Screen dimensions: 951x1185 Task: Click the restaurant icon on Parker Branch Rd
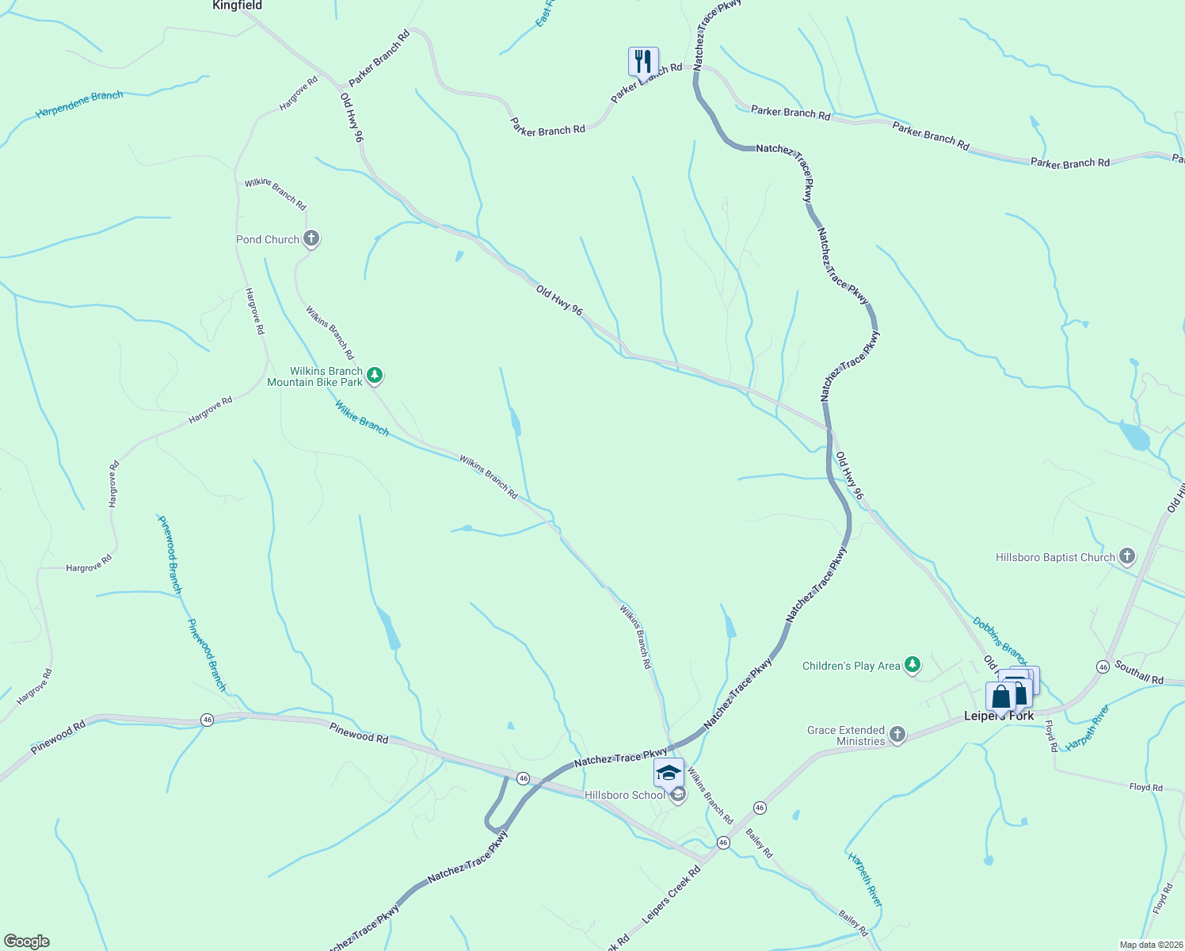coord(643,61)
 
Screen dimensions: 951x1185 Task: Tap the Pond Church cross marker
coord(311,239)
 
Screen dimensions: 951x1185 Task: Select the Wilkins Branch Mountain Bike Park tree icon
coord(375,376)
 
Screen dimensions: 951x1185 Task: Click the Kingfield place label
coord(237,6)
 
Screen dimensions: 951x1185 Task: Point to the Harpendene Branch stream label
coord(79,104)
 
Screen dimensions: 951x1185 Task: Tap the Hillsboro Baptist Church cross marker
coord(1126,556)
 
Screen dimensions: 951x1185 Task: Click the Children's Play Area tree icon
coord(913,665)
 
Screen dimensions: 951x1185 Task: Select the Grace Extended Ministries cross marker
coord(897,735)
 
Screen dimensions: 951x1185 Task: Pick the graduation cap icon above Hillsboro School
coord(669,772)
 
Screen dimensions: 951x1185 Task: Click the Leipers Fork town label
coord(998,716)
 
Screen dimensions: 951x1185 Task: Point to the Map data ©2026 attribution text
coord(1149,945)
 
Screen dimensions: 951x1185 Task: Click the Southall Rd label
coord(1139,673)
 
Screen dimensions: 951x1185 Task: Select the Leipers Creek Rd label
coord(672,894)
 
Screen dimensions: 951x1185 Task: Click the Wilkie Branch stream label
coord(361,418)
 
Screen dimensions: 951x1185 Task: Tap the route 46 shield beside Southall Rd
coord(1103,667)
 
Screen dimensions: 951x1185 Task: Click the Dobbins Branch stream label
coord(1000,640)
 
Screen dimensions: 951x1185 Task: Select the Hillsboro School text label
coord(625,795)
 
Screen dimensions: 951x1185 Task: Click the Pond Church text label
coord(268,239)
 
